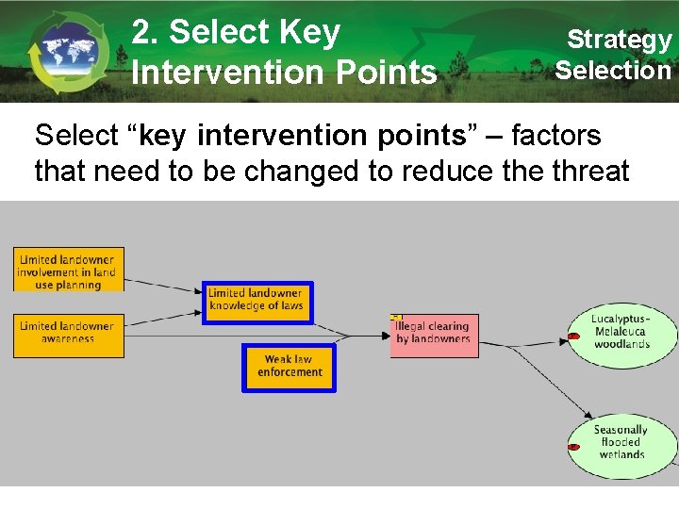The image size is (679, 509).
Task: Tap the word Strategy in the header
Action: pyautogui.click(x=619, y=40)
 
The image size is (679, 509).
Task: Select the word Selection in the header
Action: pyautogui.click(x=613, y=70)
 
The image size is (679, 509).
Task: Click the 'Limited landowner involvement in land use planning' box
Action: pyautogui.click(x=68, y=271)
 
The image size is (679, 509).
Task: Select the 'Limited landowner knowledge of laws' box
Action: pyautogui.click(x=257, y=301)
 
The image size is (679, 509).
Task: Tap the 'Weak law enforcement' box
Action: pyautogui.click(x=289, y=367)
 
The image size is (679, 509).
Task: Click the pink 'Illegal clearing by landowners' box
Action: pyautogui.click(x=435, y=335)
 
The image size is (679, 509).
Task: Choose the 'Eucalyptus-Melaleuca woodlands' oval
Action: pyautogui.click(x=621, y=332)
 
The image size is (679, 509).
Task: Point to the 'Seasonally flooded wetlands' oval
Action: pyautogui.click(x=621, y=442)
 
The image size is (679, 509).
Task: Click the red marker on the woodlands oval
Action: pyautogui.click(x=573, y=336)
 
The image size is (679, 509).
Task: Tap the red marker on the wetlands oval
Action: pyautogui.click(x=573, y=446)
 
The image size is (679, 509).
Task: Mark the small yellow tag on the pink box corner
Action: pyautogui.click(x=396, y=318)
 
